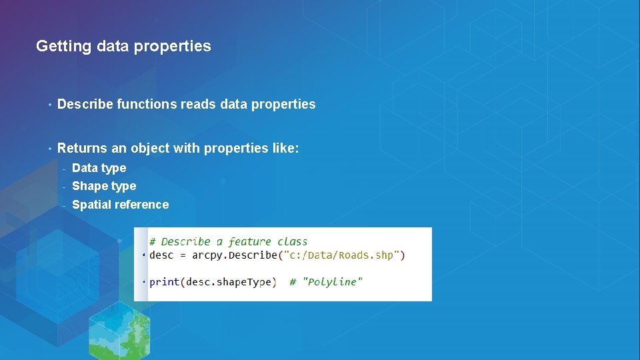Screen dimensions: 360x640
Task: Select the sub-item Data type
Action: coord(99,168)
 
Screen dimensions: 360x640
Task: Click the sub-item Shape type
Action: coord(104,186)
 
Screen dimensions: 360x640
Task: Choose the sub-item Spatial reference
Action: coord(120,205)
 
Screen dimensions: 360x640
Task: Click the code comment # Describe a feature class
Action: coord(229,241)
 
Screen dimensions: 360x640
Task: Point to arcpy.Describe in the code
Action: coord(234,255)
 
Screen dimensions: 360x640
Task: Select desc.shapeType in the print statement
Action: coord(229,282)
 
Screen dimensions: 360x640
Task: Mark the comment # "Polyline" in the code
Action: coord(326,282)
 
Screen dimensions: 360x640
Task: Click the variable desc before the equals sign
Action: coord(161,255)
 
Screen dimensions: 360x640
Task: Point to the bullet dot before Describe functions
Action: coord(49,105)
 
